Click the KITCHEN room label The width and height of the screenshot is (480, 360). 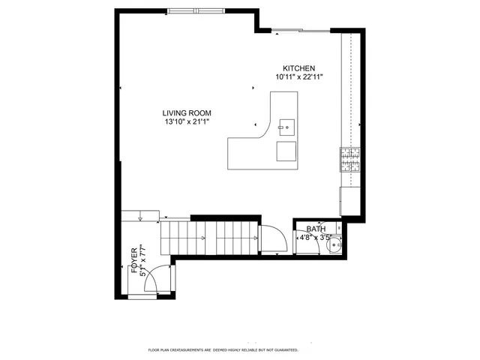click(x=298, y=67)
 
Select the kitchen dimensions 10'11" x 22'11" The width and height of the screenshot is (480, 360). click(x=298, y=76)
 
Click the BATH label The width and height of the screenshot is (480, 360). click(x=315, y=229)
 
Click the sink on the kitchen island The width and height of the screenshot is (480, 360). click(x=286, y=126)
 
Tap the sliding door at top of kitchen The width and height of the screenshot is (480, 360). click(x=300, y=31)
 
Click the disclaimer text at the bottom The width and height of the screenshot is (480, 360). click(x=223, y=349)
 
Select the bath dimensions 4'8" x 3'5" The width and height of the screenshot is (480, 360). click(x=315, y=238)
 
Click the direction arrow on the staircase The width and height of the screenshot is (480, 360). click(x=202, y=238)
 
